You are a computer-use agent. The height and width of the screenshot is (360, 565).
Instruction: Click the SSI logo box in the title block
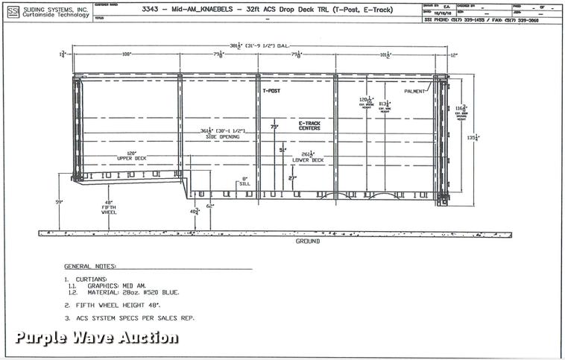pos(13,10)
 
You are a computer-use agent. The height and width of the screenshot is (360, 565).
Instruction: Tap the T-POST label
pos(271,91)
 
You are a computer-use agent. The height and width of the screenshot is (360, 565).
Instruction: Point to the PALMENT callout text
pos(414,91)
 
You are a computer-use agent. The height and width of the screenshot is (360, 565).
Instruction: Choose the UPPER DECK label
pos(131,158)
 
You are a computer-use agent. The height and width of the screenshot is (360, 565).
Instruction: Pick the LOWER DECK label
pos(307,160)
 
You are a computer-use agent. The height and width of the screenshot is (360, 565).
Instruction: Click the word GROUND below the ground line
pos(307,241)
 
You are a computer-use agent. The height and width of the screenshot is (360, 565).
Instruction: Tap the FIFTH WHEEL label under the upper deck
pos(109,209)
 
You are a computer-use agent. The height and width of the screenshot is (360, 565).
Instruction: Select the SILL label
pos(244,184)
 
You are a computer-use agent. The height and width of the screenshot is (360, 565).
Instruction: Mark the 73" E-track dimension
pos(274,127)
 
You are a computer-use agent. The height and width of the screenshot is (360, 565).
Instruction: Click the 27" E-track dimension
pos(292,178)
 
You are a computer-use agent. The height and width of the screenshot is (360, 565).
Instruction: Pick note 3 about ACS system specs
pos(130,318)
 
